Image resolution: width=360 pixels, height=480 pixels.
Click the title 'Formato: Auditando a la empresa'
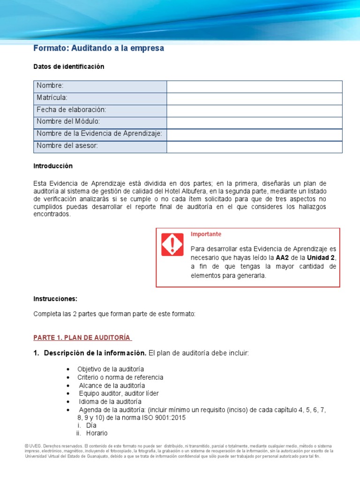click(98, 49)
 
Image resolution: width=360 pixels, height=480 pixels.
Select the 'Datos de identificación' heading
click(68, 67)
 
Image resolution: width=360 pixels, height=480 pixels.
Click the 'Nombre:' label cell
click(50, 86)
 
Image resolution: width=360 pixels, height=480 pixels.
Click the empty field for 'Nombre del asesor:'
click(254, 147)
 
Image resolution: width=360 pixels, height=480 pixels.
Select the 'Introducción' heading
click(53, 166)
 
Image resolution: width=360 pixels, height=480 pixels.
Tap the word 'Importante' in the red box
click(206, 234)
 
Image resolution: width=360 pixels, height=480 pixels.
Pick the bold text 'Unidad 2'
click(321, 258)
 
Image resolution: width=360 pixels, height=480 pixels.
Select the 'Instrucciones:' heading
click(55, 299)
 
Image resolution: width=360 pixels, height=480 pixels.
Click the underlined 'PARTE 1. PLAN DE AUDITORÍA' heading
click(82, 337)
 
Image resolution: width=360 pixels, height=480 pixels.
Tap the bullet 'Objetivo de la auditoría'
click(111, 369)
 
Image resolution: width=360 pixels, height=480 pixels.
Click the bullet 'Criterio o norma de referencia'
click(120, 377)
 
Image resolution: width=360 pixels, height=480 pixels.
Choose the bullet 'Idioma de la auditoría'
click(110, 402)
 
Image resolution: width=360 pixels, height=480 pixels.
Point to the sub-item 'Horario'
click(97, 434)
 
